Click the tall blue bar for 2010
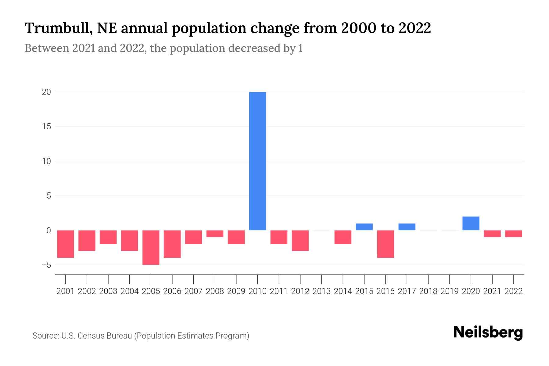(257, 161)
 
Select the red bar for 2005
(151, 247)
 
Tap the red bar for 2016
(386, 244)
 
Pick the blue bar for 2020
(471, 223)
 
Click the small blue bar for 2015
(364, 227)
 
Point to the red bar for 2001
(66, 244)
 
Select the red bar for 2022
(514, 234)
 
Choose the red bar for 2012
(300, 241)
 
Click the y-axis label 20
(46, 92)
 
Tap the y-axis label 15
(46, 127)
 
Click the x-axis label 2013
(321, 291)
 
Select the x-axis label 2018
(428, 291)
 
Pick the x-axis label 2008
(215, 291)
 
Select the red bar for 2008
(215, 234)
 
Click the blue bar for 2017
(407, 227)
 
